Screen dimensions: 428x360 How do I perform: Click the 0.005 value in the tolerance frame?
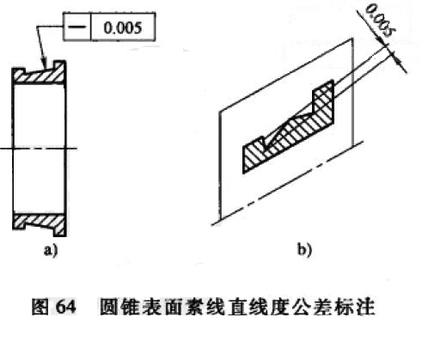click(x=123, y=28)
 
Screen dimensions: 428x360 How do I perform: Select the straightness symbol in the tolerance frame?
click(x=76, y=27)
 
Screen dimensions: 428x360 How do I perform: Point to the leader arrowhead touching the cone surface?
click(x=44, y=64)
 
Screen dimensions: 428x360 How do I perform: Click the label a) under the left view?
click(x=51, y=250)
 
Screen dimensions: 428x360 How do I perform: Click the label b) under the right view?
click(x=304, y=250)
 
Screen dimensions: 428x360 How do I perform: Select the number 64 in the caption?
click(x=66, y=307)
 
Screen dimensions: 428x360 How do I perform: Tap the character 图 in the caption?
click(x=40, y=307)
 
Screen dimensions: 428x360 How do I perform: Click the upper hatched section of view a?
click(x=39, y=73)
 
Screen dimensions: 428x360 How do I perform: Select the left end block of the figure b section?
click(x=254, y=155)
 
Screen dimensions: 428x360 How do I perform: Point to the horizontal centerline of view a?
click(x=39, y=149)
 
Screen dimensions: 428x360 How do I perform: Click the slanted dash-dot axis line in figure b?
click(x=288, y=183)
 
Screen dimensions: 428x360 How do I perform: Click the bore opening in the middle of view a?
click(x=39, y=149)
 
